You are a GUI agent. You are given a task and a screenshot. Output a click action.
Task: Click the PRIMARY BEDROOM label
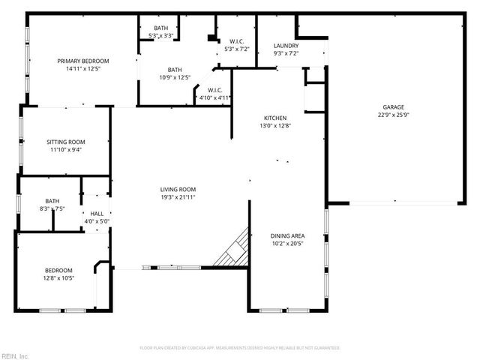[84, 61]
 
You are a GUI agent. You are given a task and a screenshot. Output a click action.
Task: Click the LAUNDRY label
[286, 46]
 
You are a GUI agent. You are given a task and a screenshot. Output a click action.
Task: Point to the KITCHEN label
[274, 118]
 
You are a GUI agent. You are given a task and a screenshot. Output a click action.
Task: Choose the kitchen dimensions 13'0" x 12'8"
[274, 126]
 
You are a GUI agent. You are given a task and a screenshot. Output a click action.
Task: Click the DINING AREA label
[287, 235]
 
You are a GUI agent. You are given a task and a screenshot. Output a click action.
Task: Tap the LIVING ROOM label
[178, 189]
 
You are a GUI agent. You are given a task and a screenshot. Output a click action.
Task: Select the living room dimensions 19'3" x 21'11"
[178, 197]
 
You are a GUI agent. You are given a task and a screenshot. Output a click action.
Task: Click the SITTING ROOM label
[66, 141]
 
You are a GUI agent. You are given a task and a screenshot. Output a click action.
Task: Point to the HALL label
[97, 214]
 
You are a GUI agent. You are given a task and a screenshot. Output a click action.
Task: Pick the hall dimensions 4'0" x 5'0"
[97, 221]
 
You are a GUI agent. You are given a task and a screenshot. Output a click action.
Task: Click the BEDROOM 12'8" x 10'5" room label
[58, 270]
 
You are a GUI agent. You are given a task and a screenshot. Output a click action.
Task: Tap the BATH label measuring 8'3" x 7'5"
[52, 200]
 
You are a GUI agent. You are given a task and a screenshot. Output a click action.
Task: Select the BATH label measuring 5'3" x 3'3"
[161, 27]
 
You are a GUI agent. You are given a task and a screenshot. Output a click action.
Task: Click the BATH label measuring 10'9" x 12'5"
[175, 69]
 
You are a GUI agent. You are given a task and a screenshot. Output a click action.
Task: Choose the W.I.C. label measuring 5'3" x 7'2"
[235, 41]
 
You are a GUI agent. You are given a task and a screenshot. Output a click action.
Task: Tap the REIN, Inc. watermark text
[14, 355]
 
